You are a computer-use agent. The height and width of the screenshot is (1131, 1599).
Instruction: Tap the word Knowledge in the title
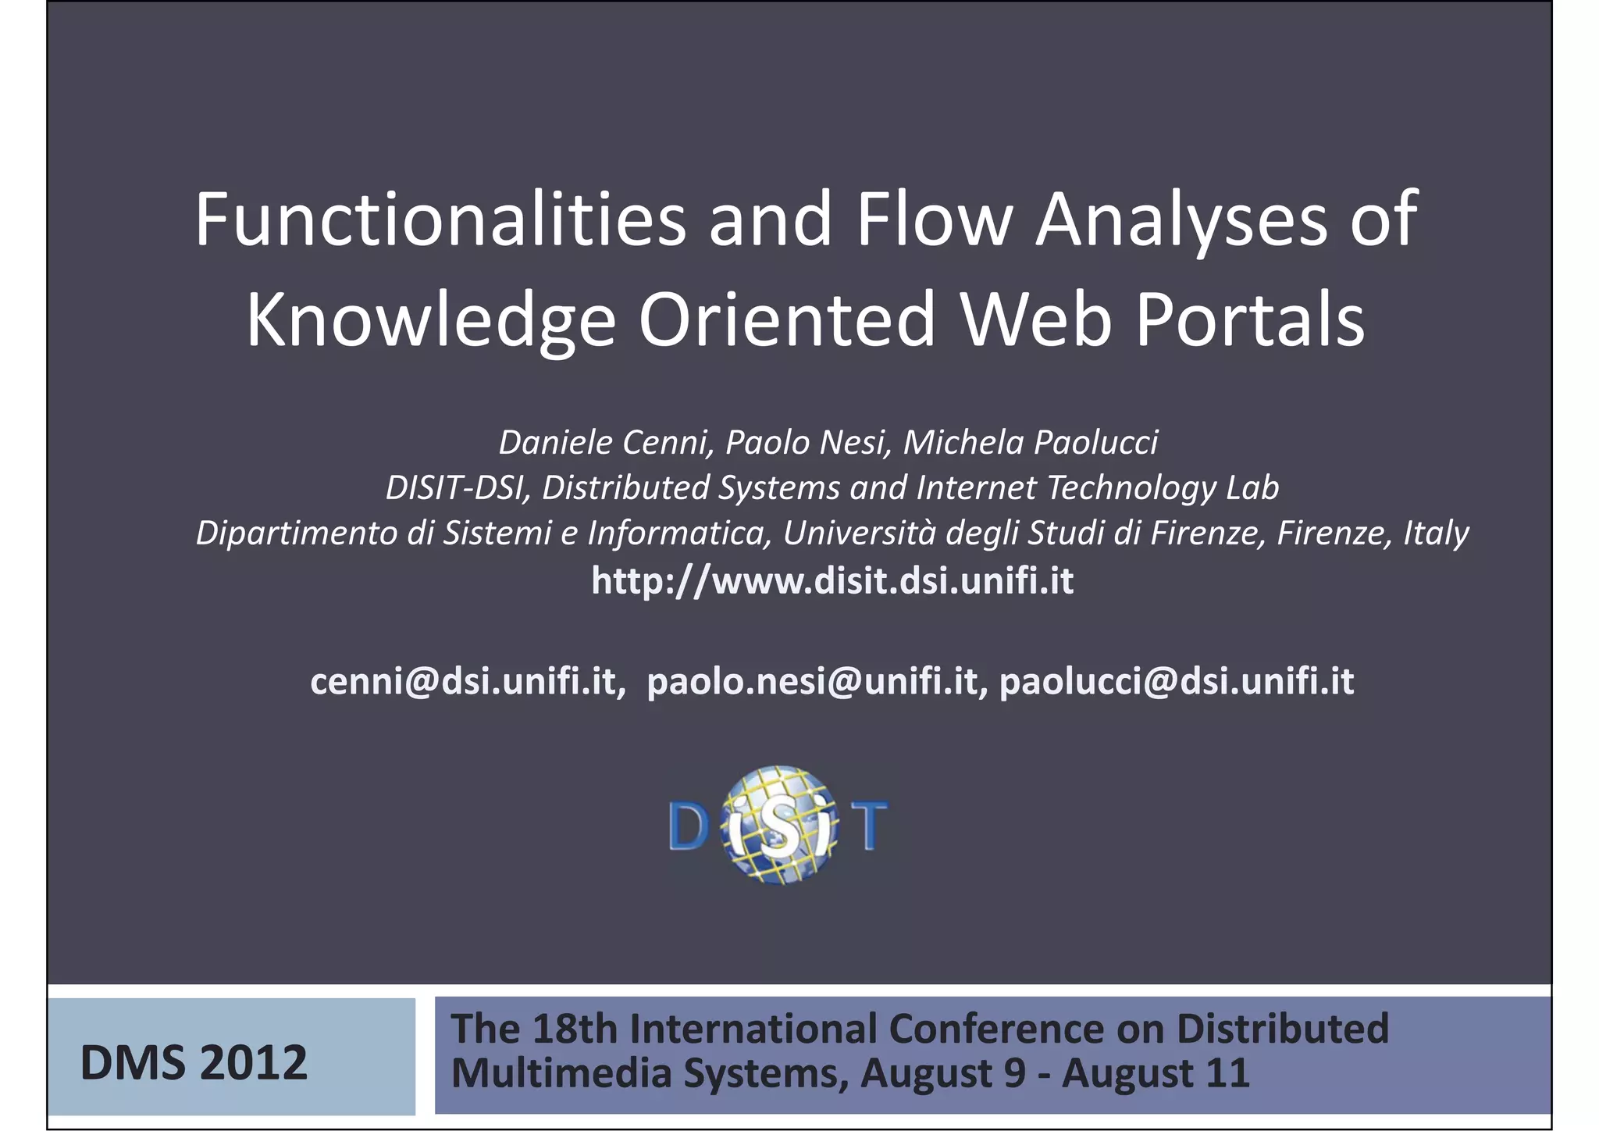pyautogui.click(x=431, y=320)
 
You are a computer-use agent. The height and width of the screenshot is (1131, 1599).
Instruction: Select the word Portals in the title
pyautogui.click(x=1250, y=320)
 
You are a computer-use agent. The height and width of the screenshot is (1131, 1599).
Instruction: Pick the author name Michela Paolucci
pyautogui.click(x=1031, y=443)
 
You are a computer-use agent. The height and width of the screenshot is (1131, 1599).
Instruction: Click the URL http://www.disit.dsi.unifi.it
pyautogui.click(x=832, y=581)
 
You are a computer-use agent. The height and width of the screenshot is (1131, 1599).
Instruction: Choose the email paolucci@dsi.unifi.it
pyautogui.click(x=1177, y=681)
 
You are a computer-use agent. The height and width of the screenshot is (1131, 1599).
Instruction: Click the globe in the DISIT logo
pyautogui.click(x=778, y=825)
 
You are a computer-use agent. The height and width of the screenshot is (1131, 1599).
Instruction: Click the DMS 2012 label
pyautogui.click(x=194, y=1063)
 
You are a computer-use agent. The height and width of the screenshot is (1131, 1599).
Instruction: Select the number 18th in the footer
pyautogui.click(x=575, y=1029)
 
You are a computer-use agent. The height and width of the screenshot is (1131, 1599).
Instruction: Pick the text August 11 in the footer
pyautogui.click(x=1156, y=1073)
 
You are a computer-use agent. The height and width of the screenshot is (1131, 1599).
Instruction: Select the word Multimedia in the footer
pyautogui.click(x=561, y=1073)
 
